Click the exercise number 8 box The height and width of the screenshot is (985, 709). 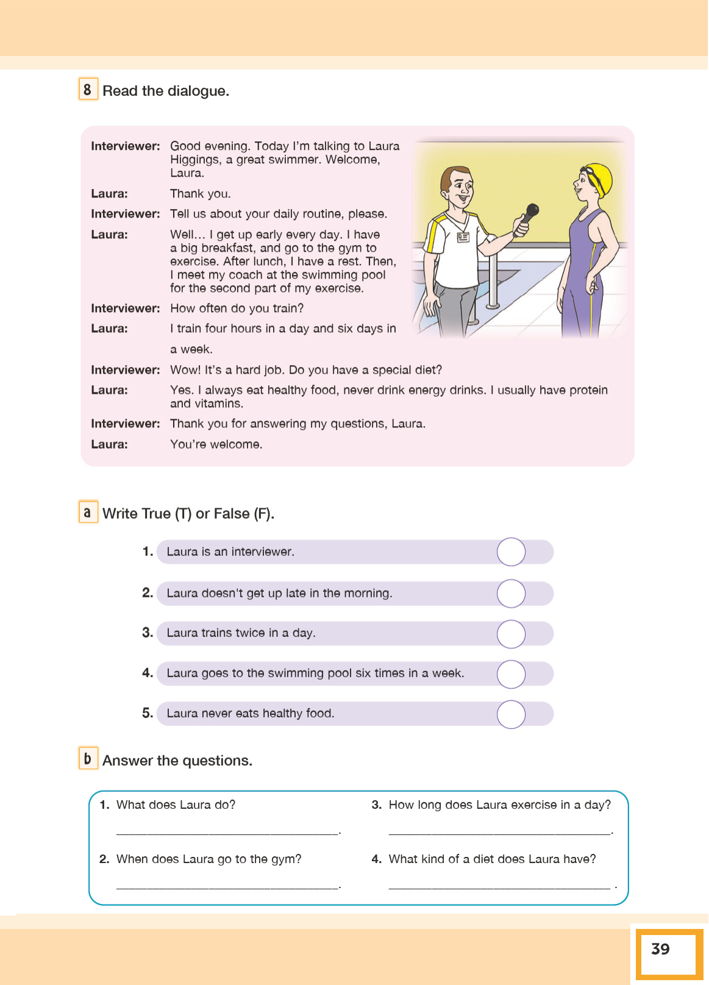point(88,90)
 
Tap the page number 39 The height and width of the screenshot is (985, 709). point(660,949)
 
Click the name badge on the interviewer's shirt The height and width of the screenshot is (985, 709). point(463,237)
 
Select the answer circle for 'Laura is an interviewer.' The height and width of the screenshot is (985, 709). point(511,552)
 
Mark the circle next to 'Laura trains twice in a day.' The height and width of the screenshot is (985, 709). point(511,634)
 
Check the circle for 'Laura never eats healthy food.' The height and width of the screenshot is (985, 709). point(511,714)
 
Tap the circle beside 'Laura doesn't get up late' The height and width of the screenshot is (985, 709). point(511,594)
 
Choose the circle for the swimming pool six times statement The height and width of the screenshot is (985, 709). point(511,674)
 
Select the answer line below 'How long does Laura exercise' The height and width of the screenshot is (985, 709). point(500,831)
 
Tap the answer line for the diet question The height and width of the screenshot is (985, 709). point(500,886)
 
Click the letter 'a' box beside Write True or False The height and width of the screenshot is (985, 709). point(88,512)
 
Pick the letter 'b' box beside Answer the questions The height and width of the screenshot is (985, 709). point(88,758)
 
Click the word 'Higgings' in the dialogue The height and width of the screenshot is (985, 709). point(195,160)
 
